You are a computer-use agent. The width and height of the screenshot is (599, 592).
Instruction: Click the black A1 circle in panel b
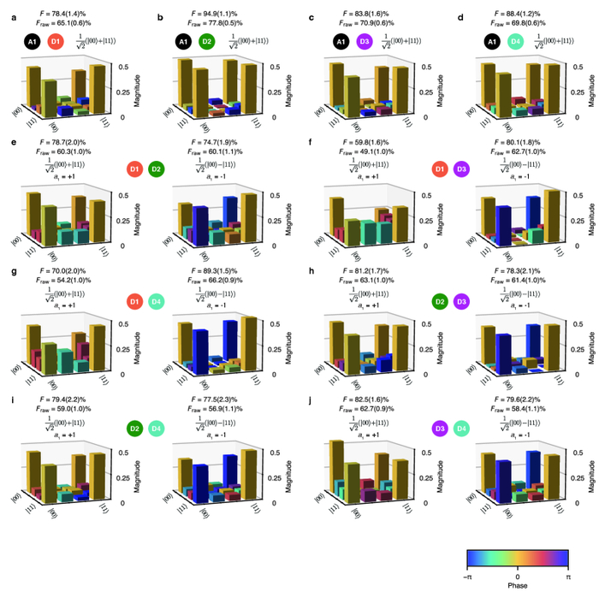tap(183, 40)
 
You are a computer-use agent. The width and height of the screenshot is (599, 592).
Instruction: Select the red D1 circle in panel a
tap(55, 40)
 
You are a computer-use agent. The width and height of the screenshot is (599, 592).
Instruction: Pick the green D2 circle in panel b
tap(207, 40)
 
